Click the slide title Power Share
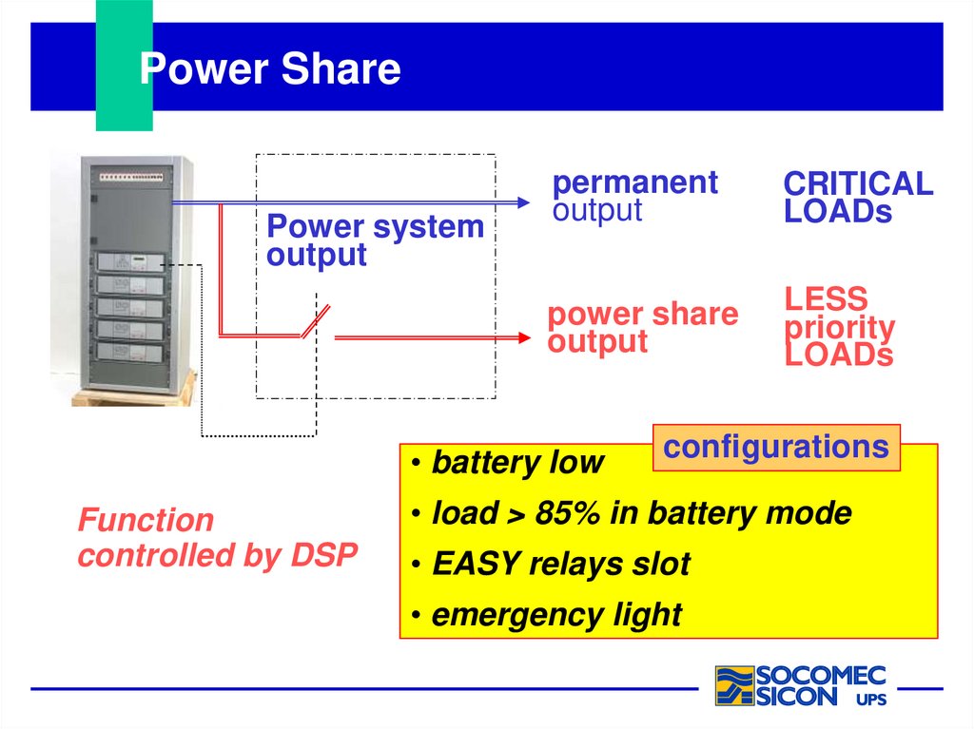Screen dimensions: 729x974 point(270,69)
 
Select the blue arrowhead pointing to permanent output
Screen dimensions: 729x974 point(521,202)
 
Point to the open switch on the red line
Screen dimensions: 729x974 point(315,321)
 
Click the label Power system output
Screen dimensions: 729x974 point(375,240)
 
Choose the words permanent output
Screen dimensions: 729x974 point(634,196)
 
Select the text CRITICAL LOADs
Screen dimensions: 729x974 point(858,197)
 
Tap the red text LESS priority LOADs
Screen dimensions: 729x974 point(839,327)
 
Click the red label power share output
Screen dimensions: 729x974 point(642,327)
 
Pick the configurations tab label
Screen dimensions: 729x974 point(775,447)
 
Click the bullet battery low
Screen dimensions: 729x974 point(517,463)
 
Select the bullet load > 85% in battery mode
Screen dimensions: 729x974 point(641,513)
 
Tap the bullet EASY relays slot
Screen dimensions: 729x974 point(560,564)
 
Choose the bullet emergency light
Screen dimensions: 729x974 point(556,615)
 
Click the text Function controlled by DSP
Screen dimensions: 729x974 point(217,537)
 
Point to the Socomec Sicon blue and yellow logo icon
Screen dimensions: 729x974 point(734,685)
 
